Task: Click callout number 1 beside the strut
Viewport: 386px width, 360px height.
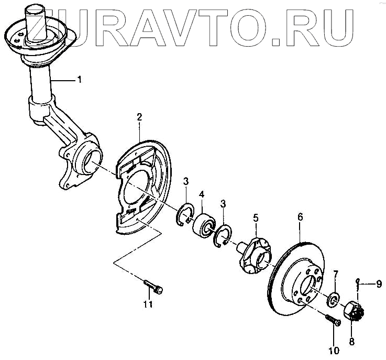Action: pos(80,80)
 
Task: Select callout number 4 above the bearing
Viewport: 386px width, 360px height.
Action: pos(202,194)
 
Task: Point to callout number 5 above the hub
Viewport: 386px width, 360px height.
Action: pos(256,216)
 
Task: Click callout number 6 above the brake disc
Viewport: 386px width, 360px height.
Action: pos(300,216)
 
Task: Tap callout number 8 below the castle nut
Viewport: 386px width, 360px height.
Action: pos(351,342)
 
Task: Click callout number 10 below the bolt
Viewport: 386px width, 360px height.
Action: pos(334,350)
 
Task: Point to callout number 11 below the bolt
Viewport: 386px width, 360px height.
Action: pos(148,304)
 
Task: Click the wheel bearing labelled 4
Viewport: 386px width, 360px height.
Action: pos(203,225)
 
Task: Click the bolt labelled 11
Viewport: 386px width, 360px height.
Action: pos(153,286)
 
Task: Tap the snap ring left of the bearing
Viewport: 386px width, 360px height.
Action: pos(185,215)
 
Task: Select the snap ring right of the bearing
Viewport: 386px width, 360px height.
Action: pos(223,235)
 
